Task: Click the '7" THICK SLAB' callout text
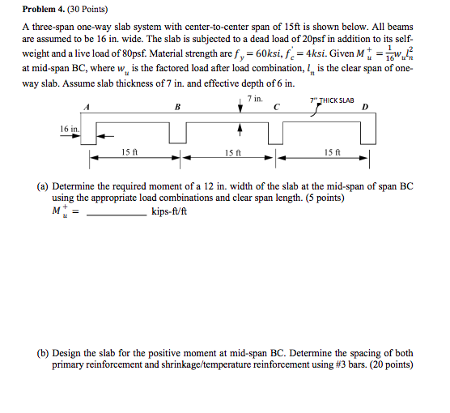(x=332, y=100)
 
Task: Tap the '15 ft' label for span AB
(x=129, y=151)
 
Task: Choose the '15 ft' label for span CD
(x=330, y=151)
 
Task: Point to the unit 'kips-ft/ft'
(x=169, y=213)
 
